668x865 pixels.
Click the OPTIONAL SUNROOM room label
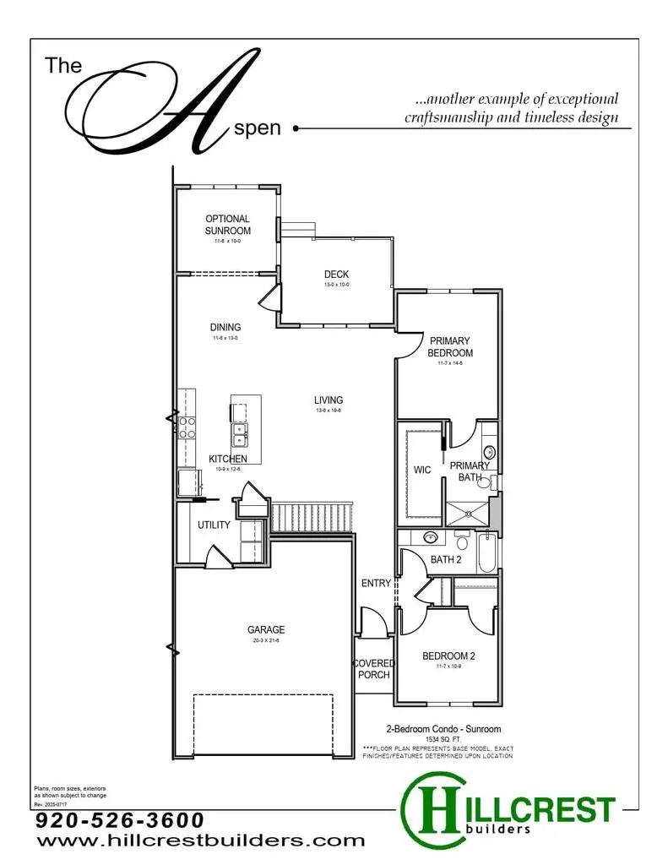click(x=227, y=225)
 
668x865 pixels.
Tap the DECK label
click(x=336, y=275)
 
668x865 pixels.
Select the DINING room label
click(x=225, y=328)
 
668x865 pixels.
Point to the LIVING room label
click(x=329, y=400)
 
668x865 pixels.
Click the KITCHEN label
click(x=228, y=459)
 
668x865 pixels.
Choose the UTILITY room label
click(x=214, y=525)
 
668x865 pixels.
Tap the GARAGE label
click(x=266, y=629)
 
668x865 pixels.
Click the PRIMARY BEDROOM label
click(x=450, y=347)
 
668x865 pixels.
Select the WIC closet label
click(x=423, y=471)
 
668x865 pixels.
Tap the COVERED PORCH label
click(x=372, y=669)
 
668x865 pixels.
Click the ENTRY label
click(x=376, y=584)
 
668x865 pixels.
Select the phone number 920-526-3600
click(x=120, y=820)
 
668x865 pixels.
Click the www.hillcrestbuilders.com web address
click(x=200, y=841)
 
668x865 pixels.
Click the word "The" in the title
click(x=63, y=65)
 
